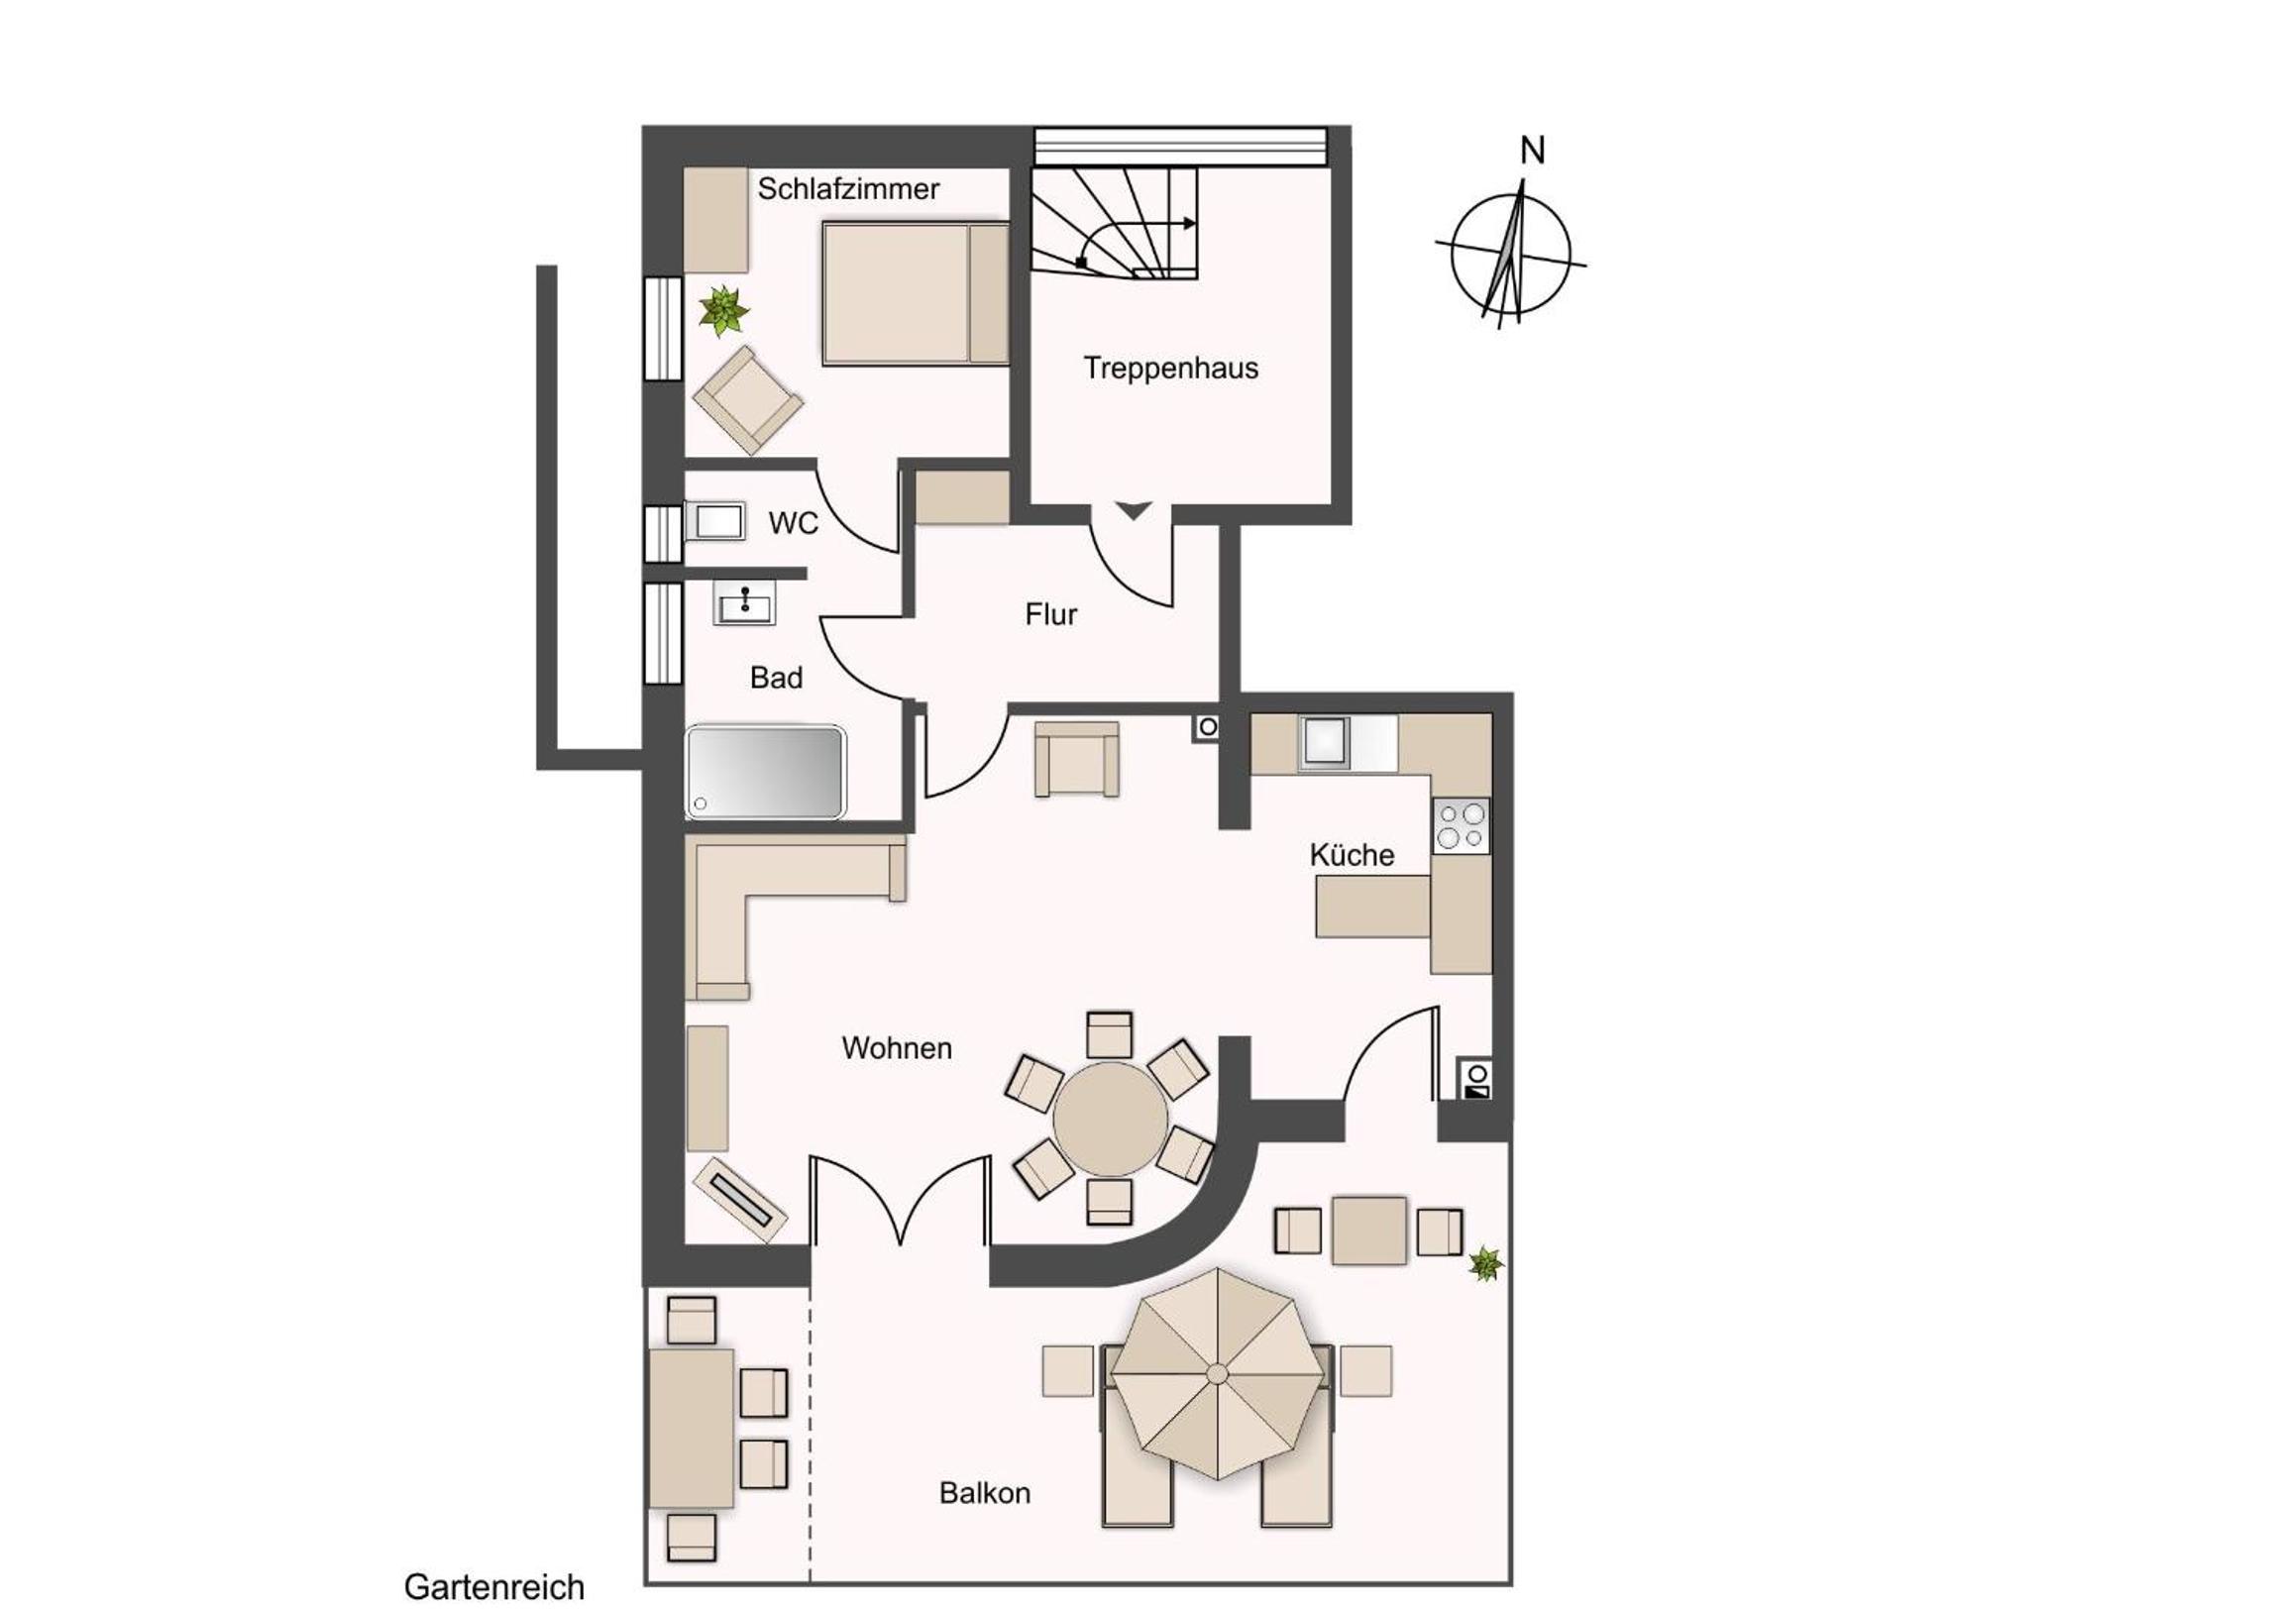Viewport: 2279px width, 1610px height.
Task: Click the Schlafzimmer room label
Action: pos(847,188)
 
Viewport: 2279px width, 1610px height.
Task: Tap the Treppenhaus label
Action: pos(1170,369)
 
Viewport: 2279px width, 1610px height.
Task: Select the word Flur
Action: pos(1051,614)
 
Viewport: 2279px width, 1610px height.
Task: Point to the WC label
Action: pos(793,523)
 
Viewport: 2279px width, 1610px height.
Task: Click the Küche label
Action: pos(1351,855)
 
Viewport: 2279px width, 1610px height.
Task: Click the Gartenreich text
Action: pos(494,1586)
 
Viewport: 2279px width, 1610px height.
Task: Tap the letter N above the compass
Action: pos(1533,151)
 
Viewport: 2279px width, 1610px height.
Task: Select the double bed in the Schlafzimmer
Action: pos(916,294)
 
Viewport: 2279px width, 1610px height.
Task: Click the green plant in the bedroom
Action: pos(722,312)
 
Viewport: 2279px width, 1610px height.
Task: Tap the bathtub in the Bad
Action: pos(765,773)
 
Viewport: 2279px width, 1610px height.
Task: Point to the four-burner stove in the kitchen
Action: pos(1462,826)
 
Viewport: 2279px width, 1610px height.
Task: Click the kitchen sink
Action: pos(1324,742)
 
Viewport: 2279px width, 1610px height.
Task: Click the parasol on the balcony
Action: pos(1218,1374)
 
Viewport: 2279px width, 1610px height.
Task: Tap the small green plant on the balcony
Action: pos(1485,1263)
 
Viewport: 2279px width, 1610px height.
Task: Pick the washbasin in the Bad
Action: pos(743,603)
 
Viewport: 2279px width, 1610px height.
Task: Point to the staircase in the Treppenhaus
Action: pos(1114,222)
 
